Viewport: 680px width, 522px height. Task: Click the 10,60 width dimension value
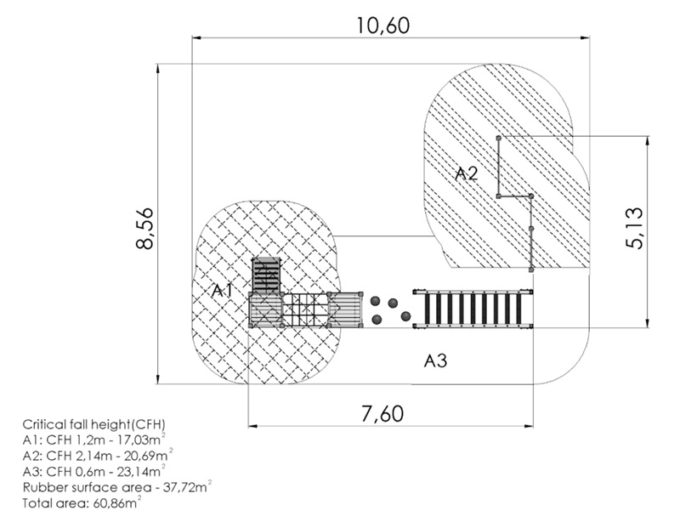pos(383,26)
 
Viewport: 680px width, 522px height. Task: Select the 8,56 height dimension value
pos(144,229)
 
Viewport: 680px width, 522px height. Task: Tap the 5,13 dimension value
pos(634,228)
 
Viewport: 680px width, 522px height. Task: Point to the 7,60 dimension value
pos(382,414)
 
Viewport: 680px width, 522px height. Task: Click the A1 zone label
pos(223,290)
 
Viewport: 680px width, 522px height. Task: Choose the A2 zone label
pos(467,174)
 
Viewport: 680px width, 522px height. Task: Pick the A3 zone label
pos(435,360)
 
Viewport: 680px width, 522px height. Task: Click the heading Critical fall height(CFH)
pos(94,424)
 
